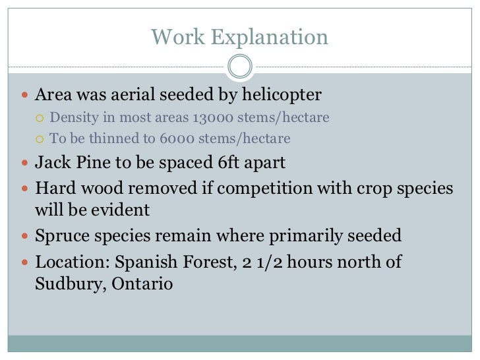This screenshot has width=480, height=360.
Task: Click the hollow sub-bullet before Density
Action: (x=41, y=119)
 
